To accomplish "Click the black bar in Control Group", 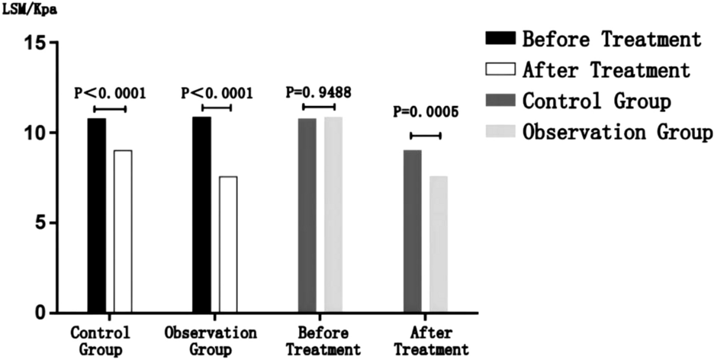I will pyautogui.click(x=97, y=216).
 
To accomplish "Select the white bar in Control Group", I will pyautogui.click(x=123, y=232).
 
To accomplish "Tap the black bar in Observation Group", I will pyautogui.click(x=202, y=215).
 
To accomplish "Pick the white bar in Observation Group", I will pyautogui.click(x=228, y=245).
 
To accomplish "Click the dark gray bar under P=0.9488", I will pyautogui.click(x=307, y=216).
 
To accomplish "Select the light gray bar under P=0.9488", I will pyautogui.click(x=333, y=215).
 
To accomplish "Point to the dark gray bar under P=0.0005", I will pyautogui.click(x=413, y=232).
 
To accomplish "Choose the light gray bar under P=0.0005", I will pyautogui.click(x=439, y=245).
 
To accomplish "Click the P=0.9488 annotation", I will pyautogui.click(x=319, y=92).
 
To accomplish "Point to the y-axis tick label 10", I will pyautogui.click(x=32, y=133).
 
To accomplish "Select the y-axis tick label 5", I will pyautogui.click(x=38, y=223).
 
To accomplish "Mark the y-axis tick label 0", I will pyautogui.click(x=38, y=313).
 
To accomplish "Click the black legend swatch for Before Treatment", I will pyautogui.click(x=500, y=38).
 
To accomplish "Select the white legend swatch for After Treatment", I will pyautogui.click(x=500, y=69).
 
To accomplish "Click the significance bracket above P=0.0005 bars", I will pyautogui.click(x=426, y=136).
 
